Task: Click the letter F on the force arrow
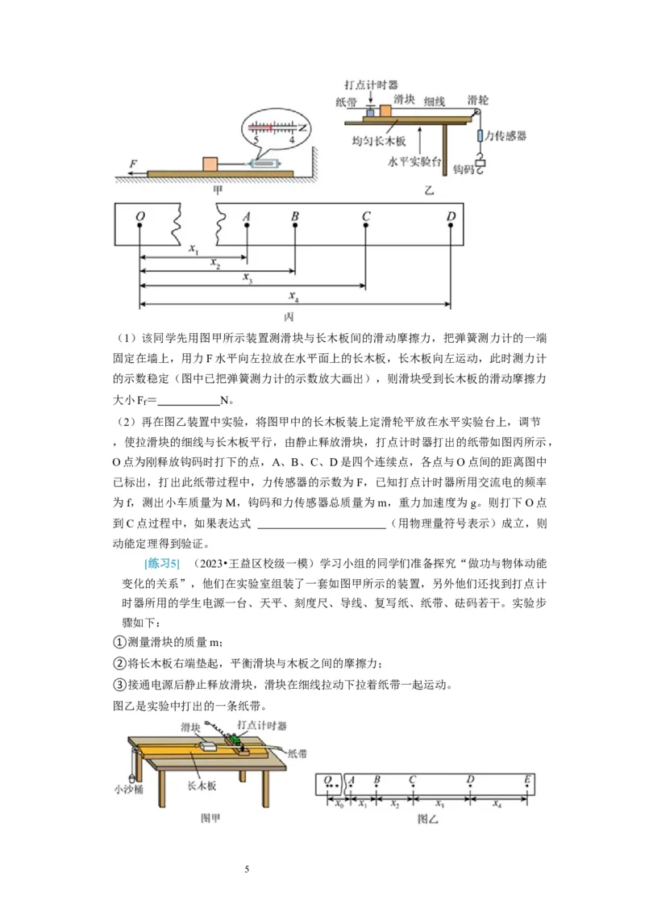131,162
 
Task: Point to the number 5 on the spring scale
256,140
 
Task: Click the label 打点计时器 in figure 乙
370,84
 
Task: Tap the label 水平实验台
415,161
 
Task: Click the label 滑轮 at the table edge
477,100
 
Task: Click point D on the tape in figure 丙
451,216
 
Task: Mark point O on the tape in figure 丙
140,216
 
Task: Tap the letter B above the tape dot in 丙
295,216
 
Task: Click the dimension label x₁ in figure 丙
193,251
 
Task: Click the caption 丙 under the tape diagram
290,317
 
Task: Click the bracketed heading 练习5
161,561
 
